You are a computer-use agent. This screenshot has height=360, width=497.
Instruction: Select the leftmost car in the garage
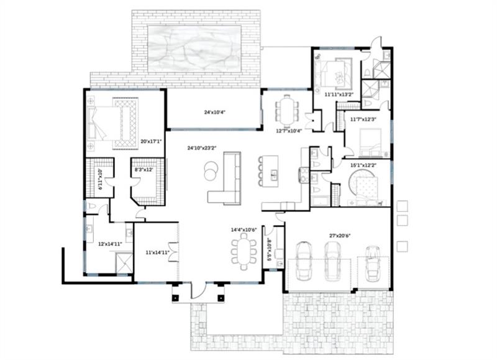305,261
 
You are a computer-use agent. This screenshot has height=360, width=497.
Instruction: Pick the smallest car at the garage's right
373,264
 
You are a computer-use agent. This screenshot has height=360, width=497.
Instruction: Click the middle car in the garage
333,261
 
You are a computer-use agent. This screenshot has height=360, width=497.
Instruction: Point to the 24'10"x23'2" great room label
201,148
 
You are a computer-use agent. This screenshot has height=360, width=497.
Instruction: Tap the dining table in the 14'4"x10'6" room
243,253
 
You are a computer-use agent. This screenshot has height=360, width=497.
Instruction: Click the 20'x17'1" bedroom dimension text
151,142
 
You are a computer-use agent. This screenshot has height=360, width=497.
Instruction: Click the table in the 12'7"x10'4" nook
287,110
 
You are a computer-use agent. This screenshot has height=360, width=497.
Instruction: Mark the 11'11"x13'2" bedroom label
339,95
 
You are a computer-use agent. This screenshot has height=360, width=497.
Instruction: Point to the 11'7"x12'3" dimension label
363,119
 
